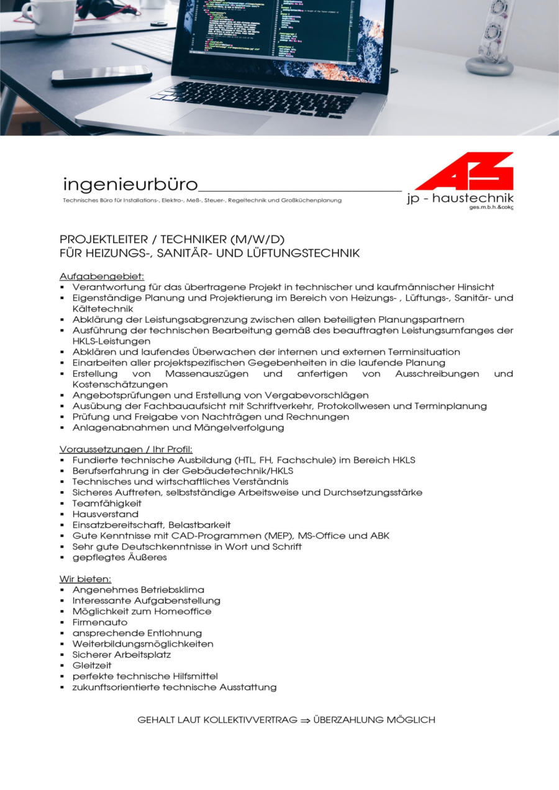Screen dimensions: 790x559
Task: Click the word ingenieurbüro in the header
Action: point(130,185)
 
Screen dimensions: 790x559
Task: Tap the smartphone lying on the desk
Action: point(101,75)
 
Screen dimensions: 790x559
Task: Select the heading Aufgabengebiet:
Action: point(102,276)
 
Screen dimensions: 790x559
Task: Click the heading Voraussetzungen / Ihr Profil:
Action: point(126,449)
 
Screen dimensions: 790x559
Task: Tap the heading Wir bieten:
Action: point(85,579)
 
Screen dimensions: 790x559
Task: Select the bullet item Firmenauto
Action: point(99,622)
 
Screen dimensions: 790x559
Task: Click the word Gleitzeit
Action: point(92,665)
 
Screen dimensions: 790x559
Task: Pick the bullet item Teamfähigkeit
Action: point(107,503)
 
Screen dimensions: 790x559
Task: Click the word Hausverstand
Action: point(105,514)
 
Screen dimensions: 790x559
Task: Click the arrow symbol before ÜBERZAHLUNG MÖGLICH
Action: point(305,720)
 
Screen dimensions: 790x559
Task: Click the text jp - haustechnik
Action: point(460,198)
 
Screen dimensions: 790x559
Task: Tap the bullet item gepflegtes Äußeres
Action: point(119,558)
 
